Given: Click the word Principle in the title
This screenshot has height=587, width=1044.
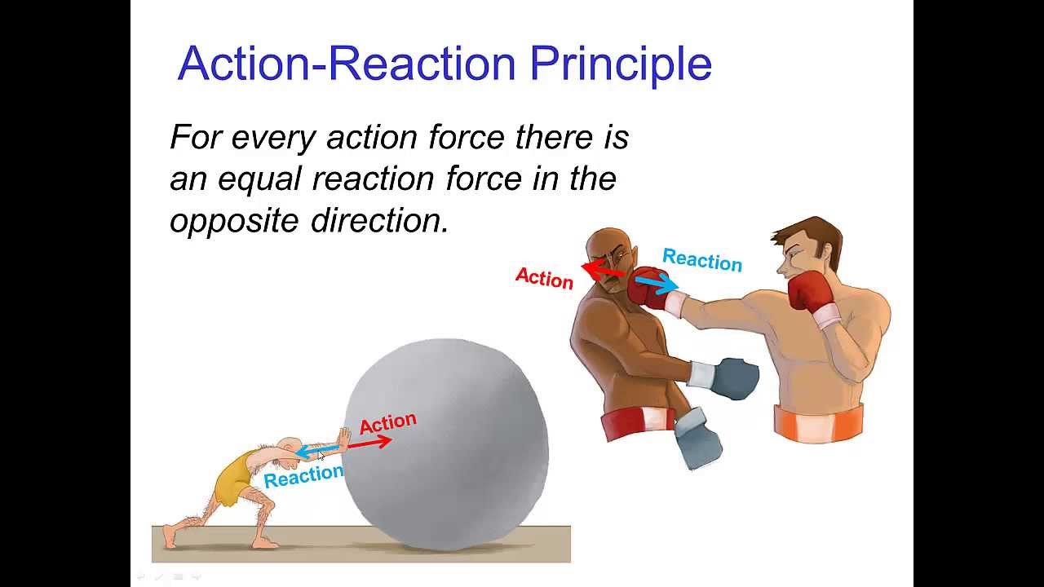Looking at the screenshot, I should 621,64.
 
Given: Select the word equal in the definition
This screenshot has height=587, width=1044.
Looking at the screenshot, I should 259,179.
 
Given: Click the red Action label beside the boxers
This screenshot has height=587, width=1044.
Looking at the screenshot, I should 544,279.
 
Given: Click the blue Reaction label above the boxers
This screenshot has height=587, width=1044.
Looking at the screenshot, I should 701,261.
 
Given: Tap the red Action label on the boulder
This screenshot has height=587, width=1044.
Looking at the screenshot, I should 387,423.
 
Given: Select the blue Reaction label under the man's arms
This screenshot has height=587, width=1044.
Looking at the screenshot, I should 303,476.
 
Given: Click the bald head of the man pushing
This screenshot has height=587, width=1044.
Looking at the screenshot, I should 286,444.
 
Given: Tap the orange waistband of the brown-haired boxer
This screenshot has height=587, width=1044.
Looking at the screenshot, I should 818,421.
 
